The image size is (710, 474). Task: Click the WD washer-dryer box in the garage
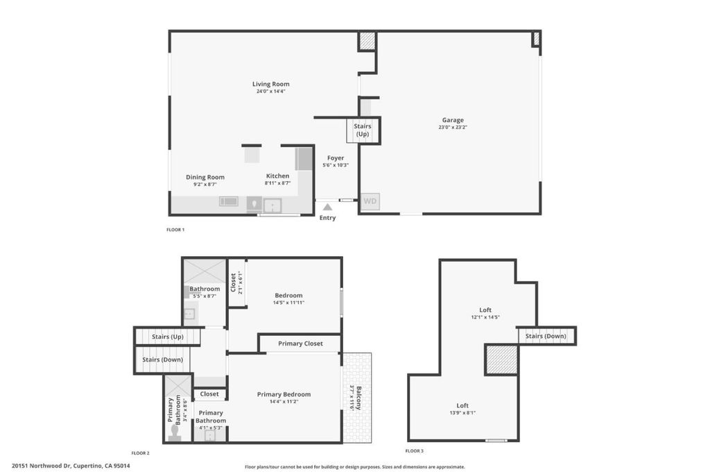370,201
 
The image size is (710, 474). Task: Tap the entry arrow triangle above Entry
327,207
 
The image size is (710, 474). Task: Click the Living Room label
271,84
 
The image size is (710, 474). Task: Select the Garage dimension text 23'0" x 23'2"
452,127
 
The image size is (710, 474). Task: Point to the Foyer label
336,158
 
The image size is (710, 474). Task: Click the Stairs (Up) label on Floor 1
362,130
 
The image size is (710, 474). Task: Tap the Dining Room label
205,177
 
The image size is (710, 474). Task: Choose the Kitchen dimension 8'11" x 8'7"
277,183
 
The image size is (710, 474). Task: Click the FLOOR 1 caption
175,230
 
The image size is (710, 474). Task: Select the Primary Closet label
300,344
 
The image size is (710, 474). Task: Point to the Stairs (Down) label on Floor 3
546,336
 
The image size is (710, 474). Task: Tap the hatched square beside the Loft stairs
501,359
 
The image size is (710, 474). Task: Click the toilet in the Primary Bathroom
175,432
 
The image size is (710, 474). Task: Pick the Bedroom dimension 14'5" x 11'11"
288,303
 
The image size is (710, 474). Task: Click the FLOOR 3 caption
415,451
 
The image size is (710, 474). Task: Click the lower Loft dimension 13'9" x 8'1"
462,413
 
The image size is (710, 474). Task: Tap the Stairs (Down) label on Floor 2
162,359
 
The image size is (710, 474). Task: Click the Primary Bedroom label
284,394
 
